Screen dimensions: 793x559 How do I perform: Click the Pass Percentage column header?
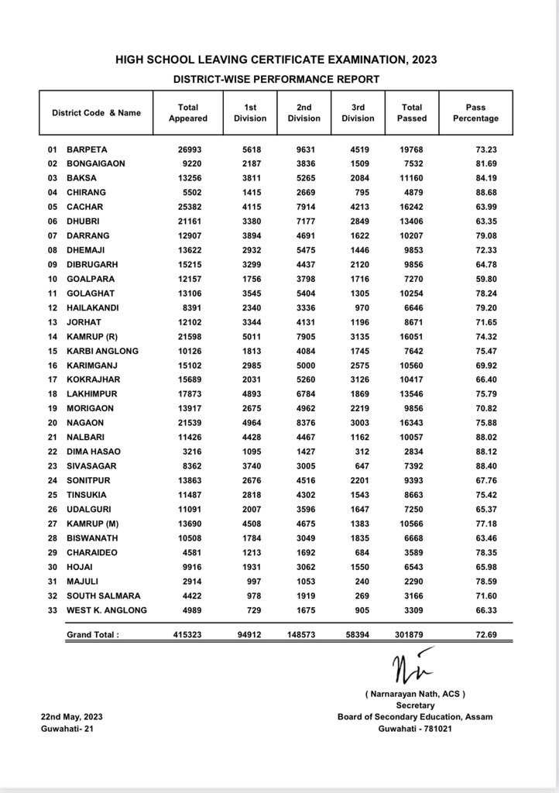(x=475, y=113)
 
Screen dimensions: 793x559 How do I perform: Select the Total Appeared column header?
(x=188, y=113)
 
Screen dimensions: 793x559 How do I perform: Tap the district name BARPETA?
(x=87, y=149)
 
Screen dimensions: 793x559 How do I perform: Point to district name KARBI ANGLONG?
(x=102, y=351)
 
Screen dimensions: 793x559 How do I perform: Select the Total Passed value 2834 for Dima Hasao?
(x=415, y=451)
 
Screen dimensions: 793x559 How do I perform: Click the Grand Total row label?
(x=93, y=635)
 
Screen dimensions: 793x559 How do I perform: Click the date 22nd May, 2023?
(x=72, y=717)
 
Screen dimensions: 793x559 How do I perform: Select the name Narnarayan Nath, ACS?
(x=415, y=694)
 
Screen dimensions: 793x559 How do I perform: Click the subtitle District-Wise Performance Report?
(x=276, y=79)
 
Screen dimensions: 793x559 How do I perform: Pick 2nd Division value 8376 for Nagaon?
(x=304, y=423)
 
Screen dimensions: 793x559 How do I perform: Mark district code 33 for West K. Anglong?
(x=53, y=610)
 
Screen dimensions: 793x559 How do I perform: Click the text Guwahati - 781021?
(x=415, y=728)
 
